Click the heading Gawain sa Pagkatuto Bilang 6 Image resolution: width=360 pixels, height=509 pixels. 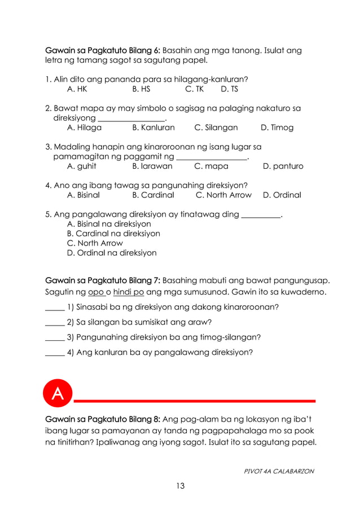point(103,51)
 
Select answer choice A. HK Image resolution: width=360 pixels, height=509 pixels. point(77,89)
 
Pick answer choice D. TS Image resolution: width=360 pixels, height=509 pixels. point(229,89)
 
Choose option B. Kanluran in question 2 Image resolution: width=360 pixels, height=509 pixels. point(153,128)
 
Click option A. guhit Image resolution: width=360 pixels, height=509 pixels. point(81,166)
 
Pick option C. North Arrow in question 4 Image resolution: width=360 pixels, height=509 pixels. point(223,195)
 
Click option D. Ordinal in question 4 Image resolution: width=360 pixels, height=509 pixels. point(282,195)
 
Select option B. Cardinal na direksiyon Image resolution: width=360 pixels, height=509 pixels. point(113,233)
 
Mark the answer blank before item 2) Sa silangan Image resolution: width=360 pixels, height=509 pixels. point(54,324)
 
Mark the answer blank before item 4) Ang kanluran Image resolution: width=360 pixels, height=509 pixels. point(54,353)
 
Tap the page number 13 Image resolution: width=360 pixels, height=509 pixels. point(179,486)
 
